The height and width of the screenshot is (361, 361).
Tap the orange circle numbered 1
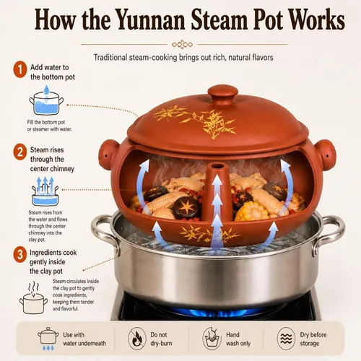(x=20, y=69)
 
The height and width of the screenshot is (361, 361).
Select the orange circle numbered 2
(x=20, y=152)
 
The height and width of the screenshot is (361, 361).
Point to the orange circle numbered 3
(x=20, y=254)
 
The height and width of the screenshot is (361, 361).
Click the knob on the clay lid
(x=223, y=94)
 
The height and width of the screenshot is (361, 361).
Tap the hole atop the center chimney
(x=217, y=166)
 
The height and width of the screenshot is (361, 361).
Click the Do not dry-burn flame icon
(x=137, y=339)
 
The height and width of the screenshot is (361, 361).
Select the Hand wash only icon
(x=212, y=339)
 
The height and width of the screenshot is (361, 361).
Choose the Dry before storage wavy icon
(x=286, y=339)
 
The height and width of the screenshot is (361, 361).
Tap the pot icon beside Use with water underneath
(x=48, y=338)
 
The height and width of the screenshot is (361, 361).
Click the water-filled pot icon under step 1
(x=46, y=100)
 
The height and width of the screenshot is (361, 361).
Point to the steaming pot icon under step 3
(x=33, y=298)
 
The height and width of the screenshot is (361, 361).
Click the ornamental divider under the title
(x=182, y=45)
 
